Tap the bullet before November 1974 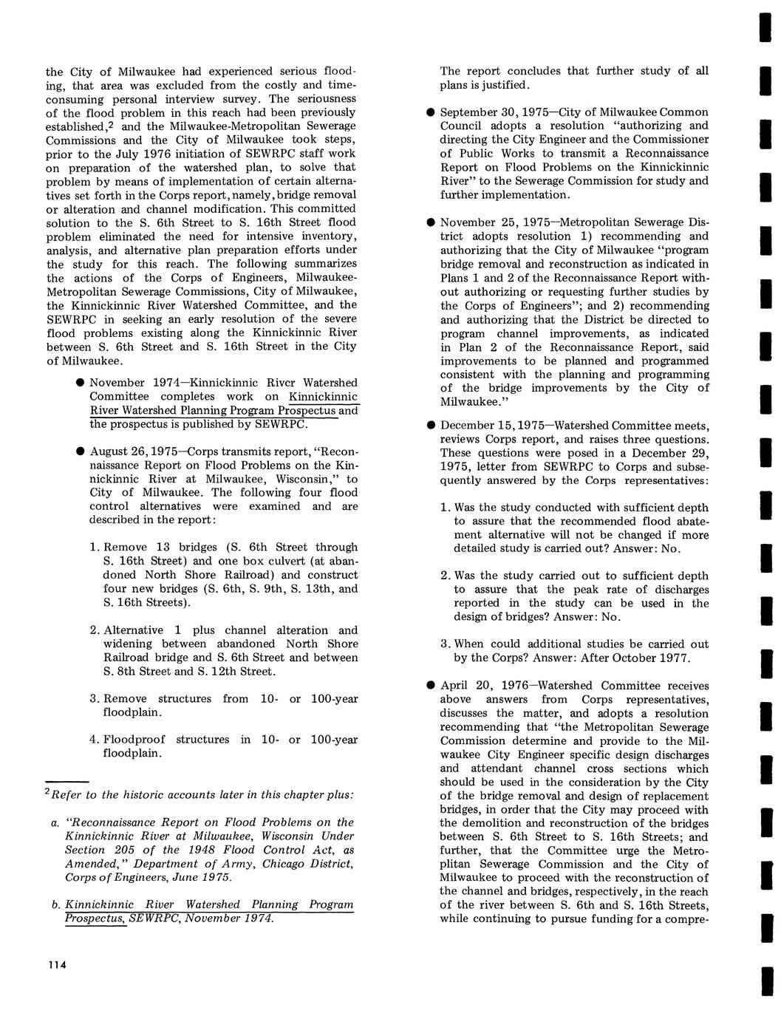pyautogui.click(x=78, y=383)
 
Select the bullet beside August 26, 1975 pyautogui.click(x=78, y=451)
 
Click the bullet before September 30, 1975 pyautogui.click(x=429, y=112)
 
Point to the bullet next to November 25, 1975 pyautogui.click(x=429, y=222)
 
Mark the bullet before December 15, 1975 pyautogui.click(x=429, y=426)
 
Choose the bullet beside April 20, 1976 pyautogui.click(x=429, y=686)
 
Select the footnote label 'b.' pyautogui.click(x=55, y=905)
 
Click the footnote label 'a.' pyautogui.click(x=55, y=822)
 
